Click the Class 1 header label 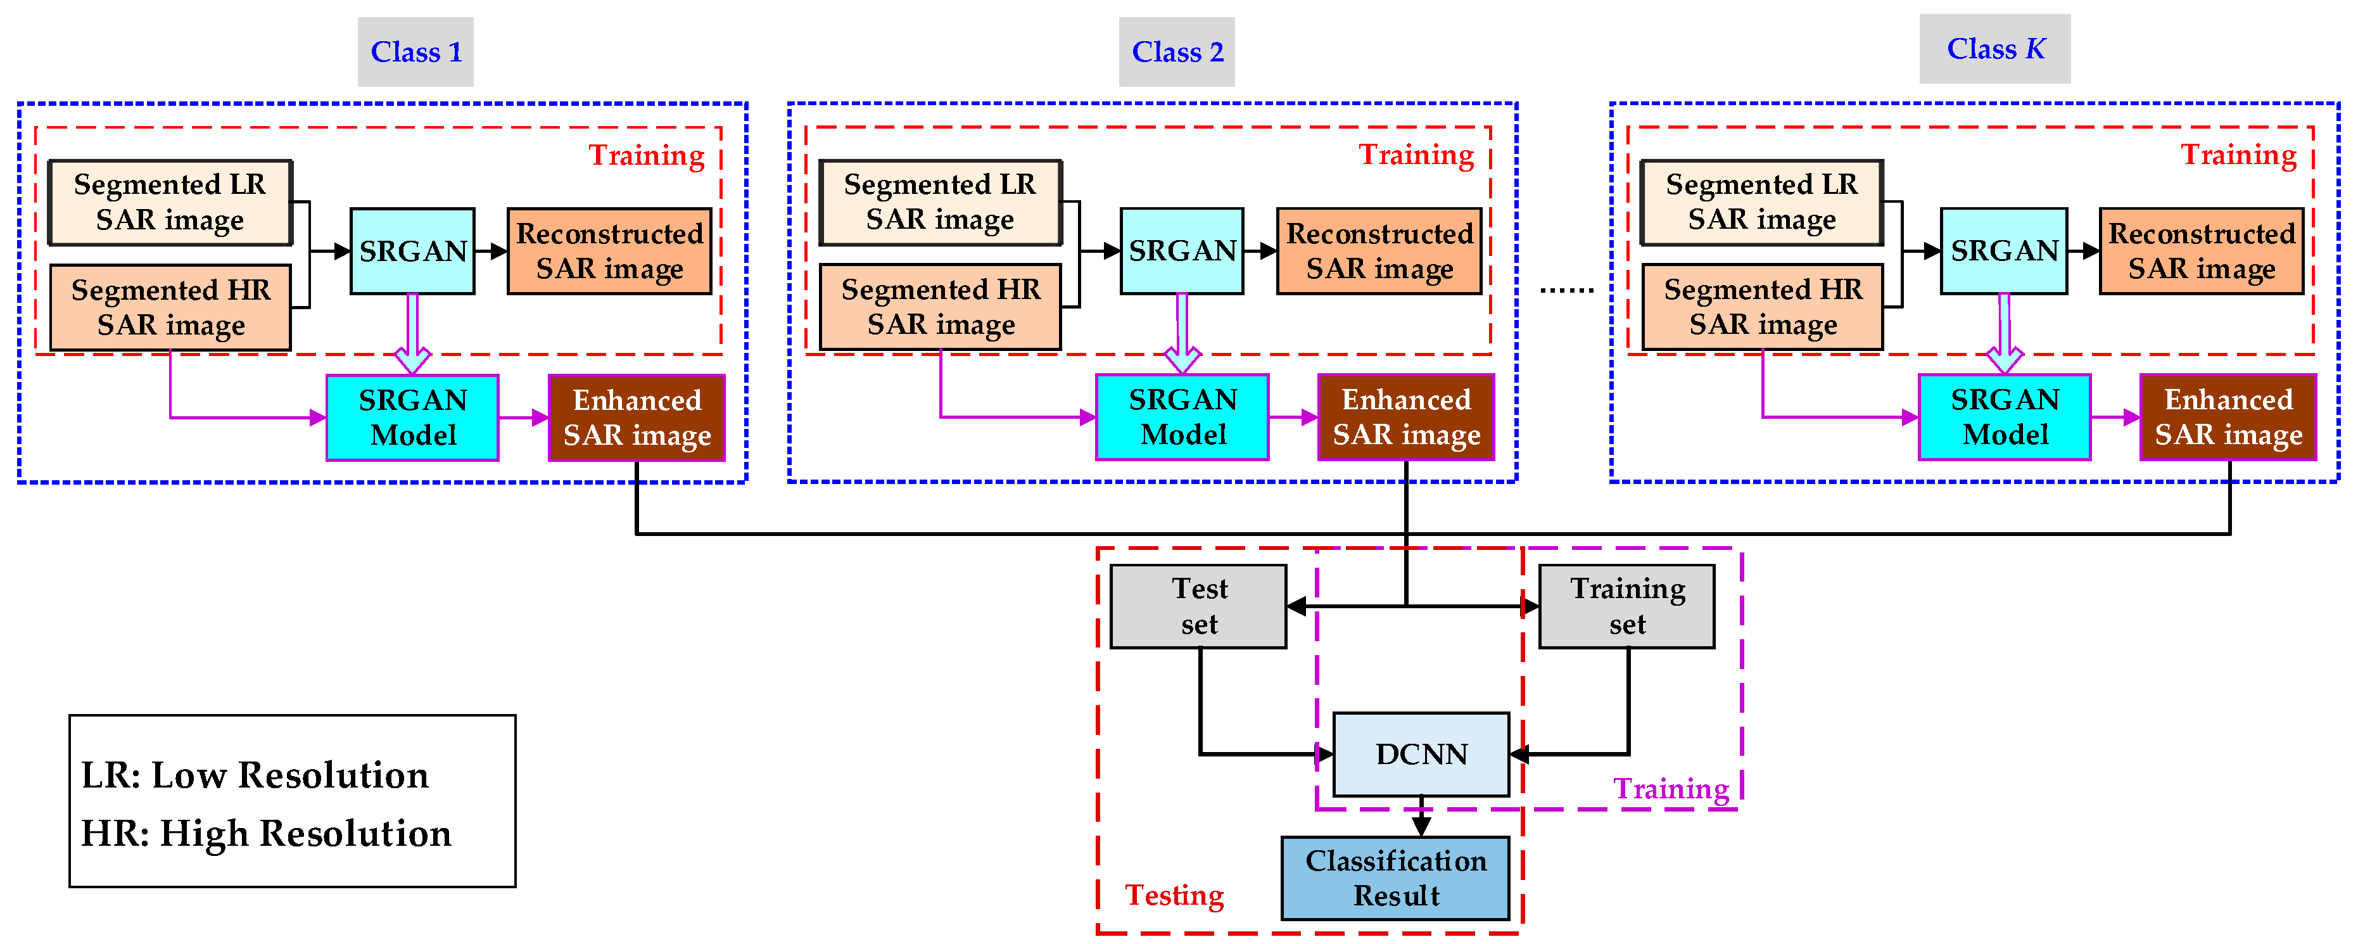(415, 52)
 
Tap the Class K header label (1994, 49)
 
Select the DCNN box (1421, 755)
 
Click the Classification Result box (1395, 878)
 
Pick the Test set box (1198, 606)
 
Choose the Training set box (1626, 606)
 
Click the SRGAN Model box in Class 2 (1182, 418)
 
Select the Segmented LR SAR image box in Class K (1761, 202)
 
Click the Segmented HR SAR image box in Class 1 (170, 308)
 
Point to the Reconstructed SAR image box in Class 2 (1379, 251)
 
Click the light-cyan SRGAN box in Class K (2004, 251)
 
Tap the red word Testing (1174, 895)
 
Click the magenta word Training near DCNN (1671, 788)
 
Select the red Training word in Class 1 (646, 156)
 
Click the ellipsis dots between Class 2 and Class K (1566, 290)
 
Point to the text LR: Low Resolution (255, 775)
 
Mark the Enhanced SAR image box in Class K (2228, 418)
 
